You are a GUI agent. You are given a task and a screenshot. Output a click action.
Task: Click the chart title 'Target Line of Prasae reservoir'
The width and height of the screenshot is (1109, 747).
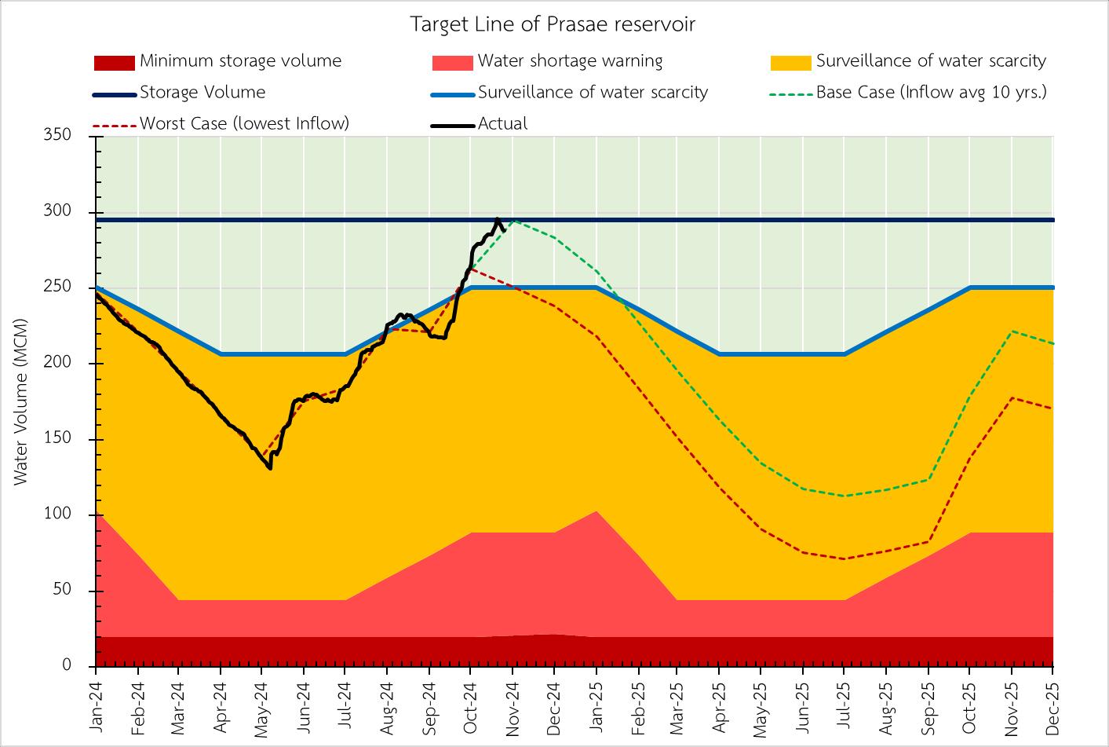553,24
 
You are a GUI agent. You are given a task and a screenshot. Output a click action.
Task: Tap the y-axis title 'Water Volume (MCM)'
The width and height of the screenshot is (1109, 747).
21,401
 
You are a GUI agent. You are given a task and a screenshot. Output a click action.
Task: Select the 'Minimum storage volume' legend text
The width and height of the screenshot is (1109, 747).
240,61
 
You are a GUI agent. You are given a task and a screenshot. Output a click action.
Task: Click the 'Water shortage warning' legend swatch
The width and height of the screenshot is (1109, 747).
452,62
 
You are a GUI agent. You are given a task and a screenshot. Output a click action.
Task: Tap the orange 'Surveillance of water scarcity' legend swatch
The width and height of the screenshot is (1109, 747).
790,62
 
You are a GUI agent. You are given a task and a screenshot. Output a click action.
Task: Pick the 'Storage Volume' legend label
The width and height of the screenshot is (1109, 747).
202,93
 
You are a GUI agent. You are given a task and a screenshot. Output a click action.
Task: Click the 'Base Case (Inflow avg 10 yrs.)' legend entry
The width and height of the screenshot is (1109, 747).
931,93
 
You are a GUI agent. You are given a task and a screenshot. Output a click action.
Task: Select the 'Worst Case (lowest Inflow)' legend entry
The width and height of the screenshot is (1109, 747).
244,123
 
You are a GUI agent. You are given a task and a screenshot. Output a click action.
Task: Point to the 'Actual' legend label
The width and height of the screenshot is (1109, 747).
502,123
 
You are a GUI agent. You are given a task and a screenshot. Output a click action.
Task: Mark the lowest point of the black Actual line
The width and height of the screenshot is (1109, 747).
270,468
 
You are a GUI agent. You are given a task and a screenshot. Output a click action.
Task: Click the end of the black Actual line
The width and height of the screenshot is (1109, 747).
503,230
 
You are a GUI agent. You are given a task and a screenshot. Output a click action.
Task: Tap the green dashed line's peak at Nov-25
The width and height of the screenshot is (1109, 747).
1012,331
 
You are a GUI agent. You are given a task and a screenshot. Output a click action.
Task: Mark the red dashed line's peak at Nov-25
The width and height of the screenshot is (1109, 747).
1012,397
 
